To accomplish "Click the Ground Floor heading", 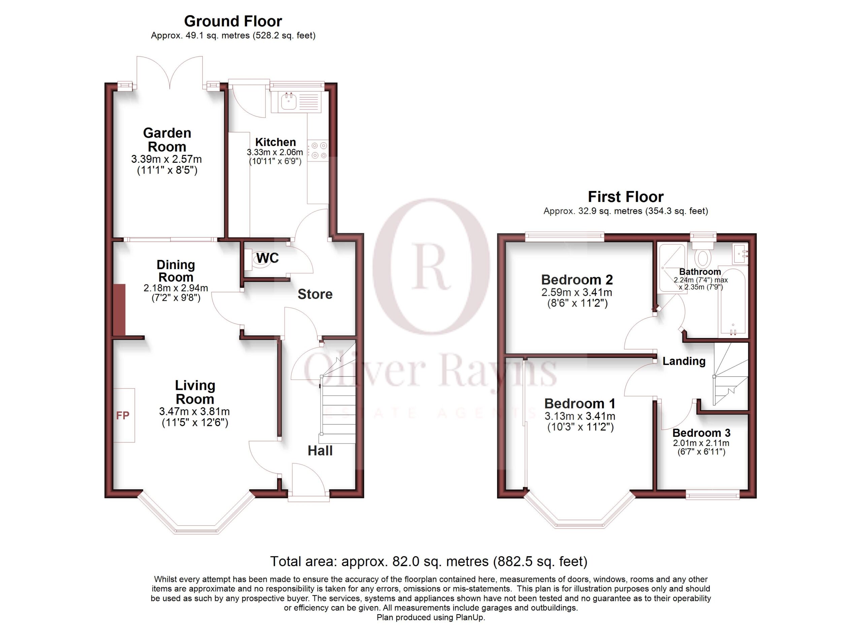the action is pyautogui.click(x=233, y=21).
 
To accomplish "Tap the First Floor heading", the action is pyautogui.click(x=626, y=197).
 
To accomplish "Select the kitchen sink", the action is pyautogui.click(x=289, y=101).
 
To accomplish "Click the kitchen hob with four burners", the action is pyautogui.click(x=318, y=150).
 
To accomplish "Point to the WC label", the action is pyautogui.click(x=268, y=258).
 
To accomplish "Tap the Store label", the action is pyautogui.click(x=315, y=294).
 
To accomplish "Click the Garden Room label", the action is pyautogui.click(x=167, y=140).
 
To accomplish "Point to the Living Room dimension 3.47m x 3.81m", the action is pyautogui.click(x=195, y=411).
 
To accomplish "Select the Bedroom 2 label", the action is pyautogui.click(x=577, y=280).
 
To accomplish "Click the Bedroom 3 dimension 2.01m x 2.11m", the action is pyautogui.click(x=701, y=443).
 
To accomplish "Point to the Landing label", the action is pyautogui.click(x=684, y=361).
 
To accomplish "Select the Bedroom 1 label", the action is pyautogui.click(x=579, y=403).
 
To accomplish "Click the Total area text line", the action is pyautogui.click(x=429, y=561).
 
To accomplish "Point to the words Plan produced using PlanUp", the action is pyautogui.click(x=431, y=618).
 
